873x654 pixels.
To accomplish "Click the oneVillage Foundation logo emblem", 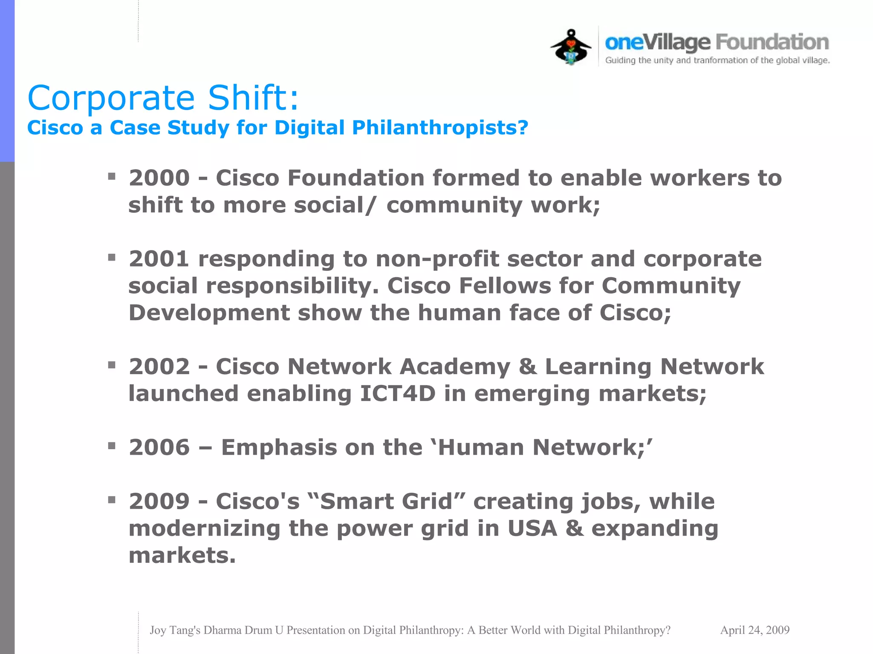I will pos(571,47).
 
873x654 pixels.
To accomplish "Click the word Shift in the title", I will pos(253,98).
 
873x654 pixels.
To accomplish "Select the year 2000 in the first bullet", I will pos(159,178).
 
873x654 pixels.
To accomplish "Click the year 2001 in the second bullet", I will pos(159,259).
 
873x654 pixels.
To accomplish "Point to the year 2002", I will pos(159,367).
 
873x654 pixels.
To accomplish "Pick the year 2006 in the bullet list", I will pos(159,447).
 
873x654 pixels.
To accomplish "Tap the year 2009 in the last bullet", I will pos(159,501).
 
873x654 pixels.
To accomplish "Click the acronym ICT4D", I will pos(398,393).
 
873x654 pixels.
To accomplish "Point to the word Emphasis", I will pos(279,447).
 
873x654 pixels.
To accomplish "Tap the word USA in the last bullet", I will pos(532,528).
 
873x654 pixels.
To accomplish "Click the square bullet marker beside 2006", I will pos(112,446).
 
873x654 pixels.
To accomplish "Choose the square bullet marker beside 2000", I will pos(112,176).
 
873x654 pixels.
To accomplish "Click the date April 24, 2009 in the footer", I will pos(754,630).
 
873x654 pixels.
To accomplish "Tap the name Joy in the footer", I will pos(158,630).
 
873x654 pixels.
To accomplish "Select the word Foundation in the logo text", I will pos(772,42).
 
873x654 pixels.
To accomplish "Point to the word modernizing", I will pos(204,528).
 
